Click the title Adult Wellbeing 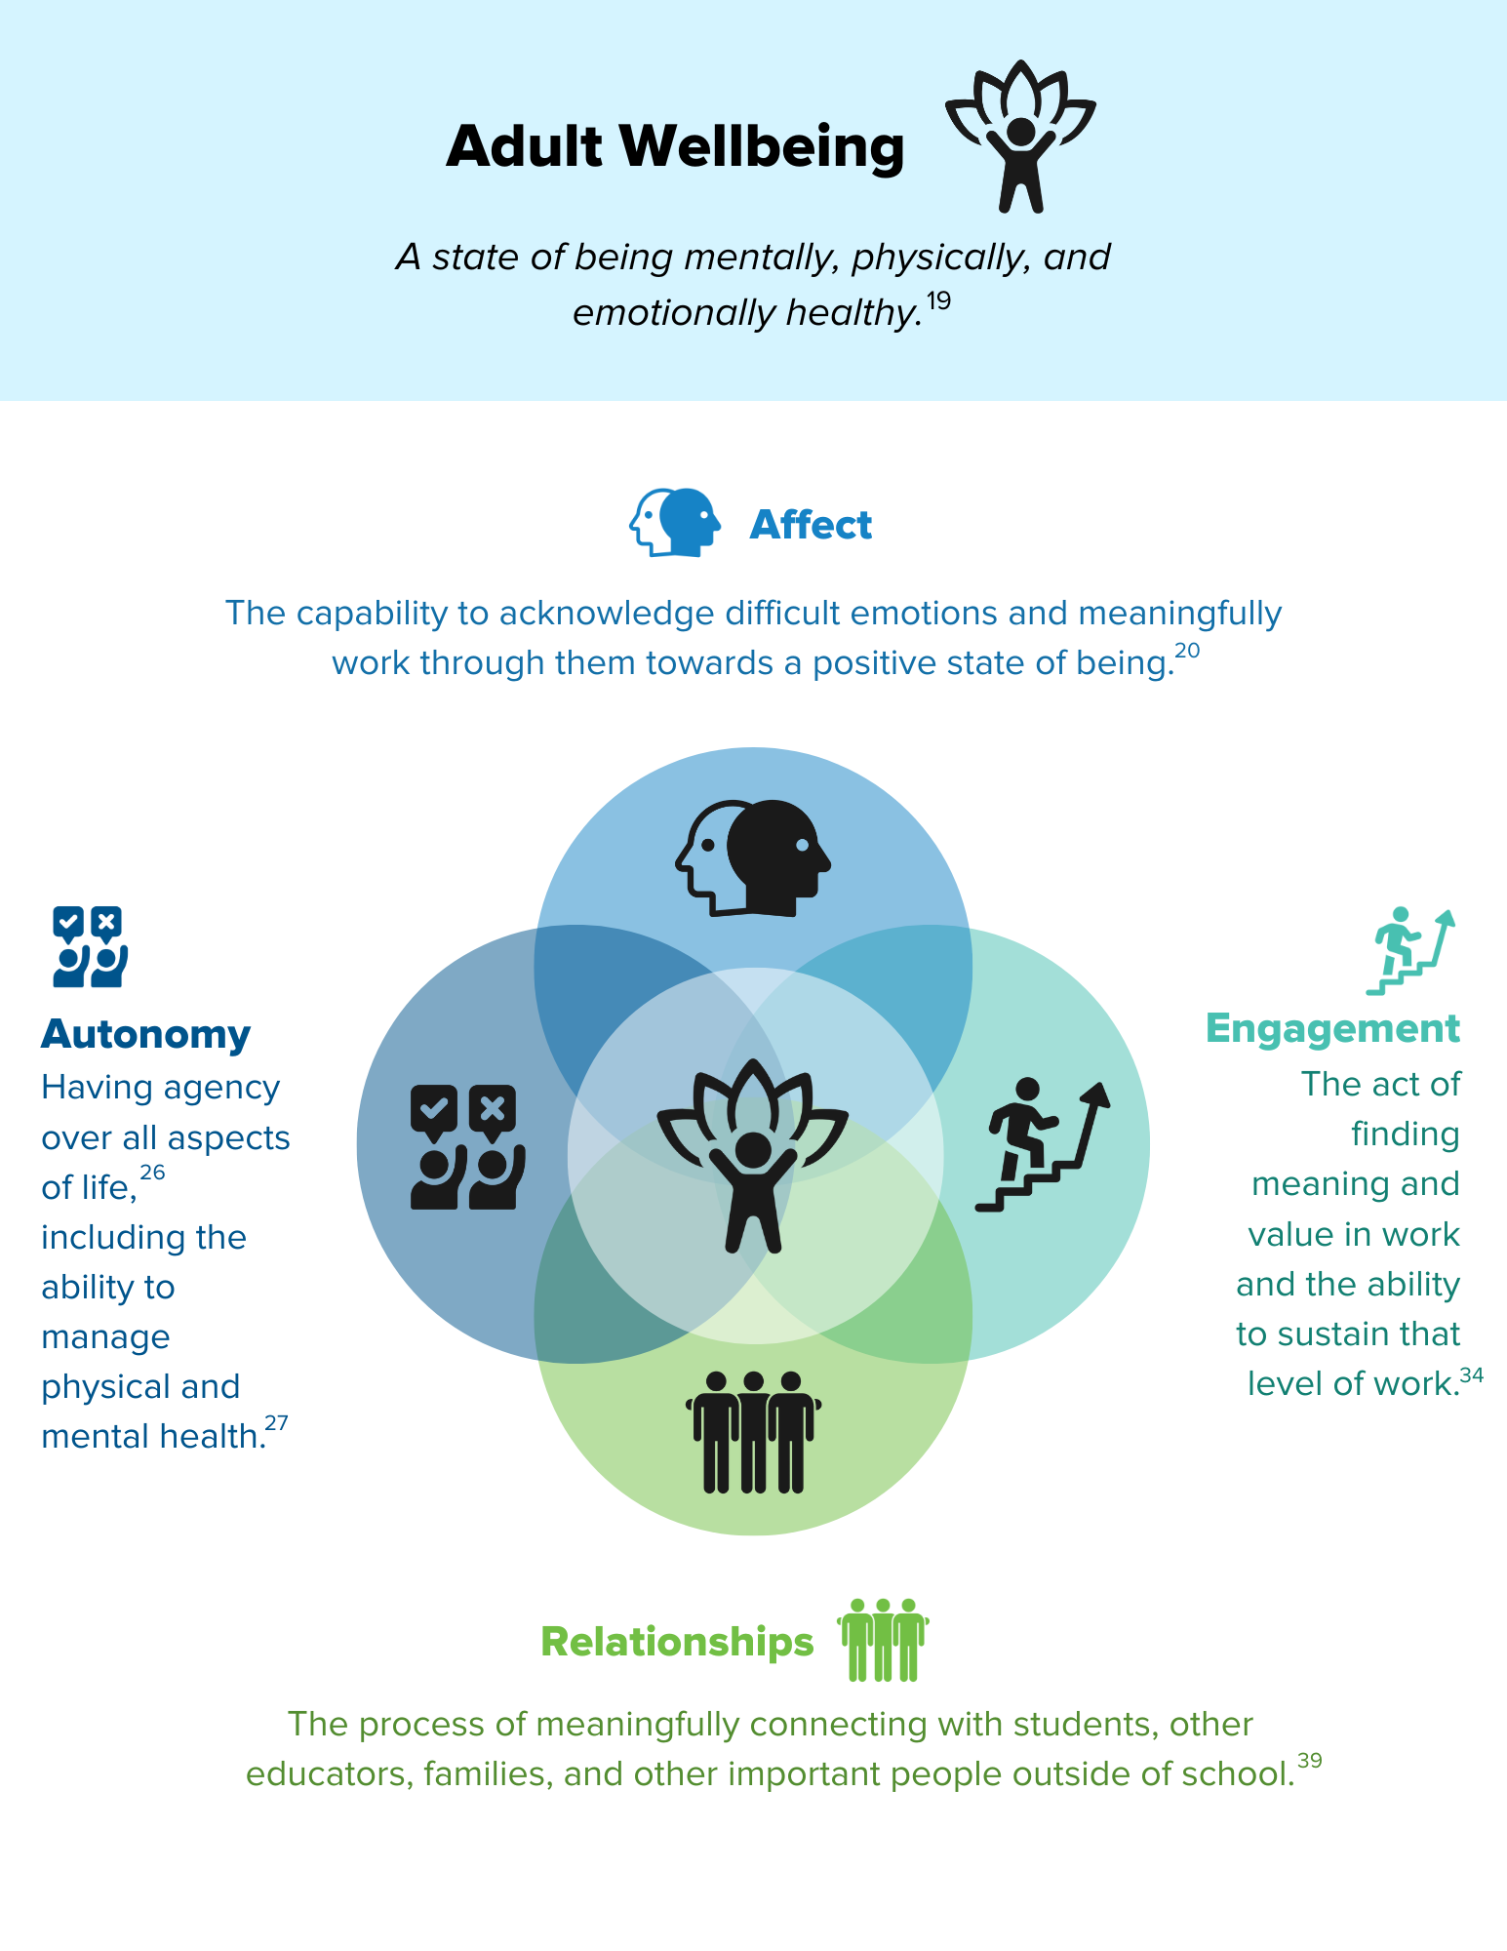click(675, 146)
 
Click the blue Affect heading click(811, 525)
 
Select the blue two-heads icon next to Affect click(675, 523)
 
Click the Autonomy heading click(145, 1034)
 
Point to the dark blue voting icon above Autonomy click(90, 946)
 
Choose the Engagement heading click(1332, 1029)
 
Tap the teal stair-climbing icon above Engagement click(1410, 951)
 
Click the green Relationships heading click(677, 1642)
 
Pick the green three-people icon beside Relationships click(883, 1640)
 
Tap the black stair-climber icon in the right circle click(1043, 1144)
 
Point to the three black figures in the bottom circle click(753, 1432)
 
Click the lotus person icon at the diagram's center click(753, 1156)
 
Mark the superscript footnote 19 click(937, 300)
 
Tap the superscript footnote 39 click(1310, 1761)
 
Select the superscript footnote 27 click(277, 1423)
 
